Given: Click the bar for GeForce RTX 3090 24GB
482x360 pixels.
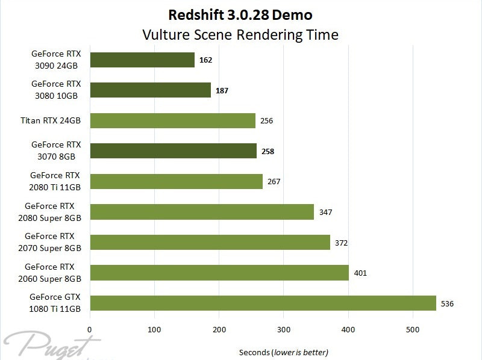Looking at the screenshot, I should pyautogui.click(x=142, y=60).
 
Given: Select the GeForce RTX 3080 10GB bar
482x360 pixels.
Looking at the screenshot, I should pyautogui.click(x=150, y=90).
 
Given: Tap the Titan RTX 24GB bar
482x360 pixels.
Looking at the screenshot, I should pyautogui.click(x=172, y=120).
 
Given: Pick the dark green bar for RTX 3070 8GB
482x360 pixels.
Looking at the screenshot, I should pyautogui.click(x=173, y=151).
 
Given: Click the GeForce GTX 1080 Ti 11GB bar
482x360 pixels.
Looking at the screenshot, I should pyautogui.click(x=263, y=303).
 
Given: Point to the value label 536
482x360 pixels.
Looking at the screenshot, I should pyautogui.click(x=447, y=303).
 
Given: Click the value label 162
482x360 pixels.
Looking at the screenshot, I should pyautogui.click(x=205, y=60).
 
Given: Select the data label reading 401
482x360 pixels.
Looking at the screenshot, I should pyautogui.click(x=360, y=273).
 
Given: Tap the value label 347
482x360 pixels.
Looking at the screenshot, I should pyautogui.click(x=325, y=212).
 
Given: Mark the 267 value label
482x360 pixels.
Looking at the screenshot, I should pyautogui.click(x=274, y=181).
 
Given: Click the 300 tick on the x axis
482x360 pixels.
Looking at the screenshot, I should pyautogui.click(x=284, y=329).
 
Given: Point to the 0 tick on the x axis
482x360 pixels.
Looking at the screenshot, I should pyautogui.click(x=90, y=329).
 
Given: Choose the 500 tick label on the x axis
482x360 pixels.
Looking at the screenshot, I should pyautogui.click(x=413, y=329).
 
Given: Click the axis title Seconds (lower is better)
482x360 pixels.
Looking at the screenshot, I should pyautogui.click(x=284, y=352).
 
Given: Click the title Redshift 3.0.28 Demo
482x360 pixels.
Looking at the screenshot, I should pyautogui.click(x=240, y=14).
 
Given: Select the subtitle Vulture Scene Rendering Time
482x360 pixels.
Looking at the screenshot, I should pyautogui.click(x=240, y=34).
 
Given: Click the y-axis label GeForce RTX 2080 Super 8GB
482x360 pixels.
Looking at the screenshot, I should pyautogui.click(x=53, y=212).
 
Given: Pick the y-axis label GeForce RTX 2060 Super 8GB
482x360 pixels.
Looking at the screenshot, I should pyautogui.click(x=53, y=272).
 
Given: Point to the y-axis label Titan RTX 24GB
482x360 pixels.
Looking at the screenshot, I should pyautogui.click(x=51, y=120).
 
